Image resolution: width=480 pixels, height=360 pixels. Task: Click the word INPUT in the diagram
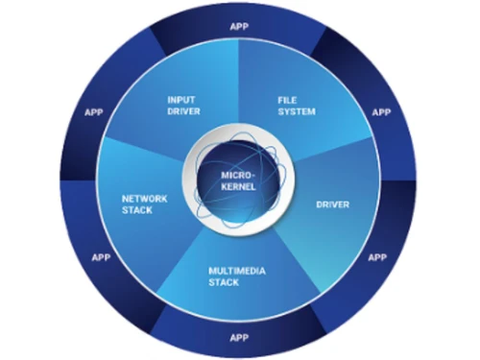[x=181, y=98]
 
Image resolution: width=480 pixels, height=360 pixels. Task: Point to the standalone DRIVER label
[x=332, y=204]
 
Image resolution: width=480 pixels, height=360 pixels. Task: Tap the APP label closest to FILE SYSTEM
[x=381, y=112]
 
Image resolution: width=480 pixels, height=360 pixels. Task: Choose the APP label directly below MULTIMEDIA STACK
[x=238, y=337]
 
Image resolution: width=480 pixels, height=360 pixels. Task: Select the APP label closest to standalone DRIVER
[x=377, y=257]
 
